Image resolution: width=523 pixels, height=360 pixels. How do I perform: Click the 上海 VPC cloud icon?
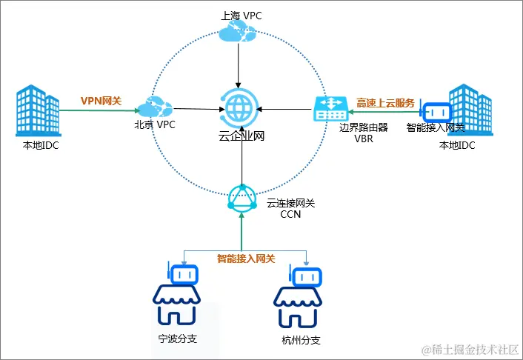click(238, 31)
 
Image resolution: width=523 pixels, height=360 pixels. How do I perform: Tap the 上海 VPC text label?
click(238, 14)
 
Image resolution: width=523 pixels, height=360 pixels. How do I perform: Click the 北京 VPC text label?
click(155, 124)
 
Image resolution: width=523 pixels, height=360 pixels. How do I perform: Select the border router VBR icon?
click(328, 110)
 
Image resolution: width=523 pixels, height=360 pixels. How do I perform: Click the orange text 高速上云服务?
click(385, 102)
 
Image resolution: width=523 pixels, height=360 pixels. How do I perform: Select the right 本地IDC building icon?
click(467, 109)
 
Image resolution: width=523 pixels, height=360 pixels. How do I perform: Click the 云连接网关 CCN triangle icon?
click(241, 198)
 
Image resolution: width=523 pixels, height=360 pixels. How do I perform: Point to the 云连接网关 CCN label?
click(288, 207)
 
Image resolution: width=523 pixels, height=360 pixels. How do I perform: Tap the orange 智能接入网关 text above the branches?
click(246, 259)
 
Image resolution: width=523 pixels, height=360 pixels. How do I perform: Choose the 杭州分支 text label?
click(301, 341)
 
